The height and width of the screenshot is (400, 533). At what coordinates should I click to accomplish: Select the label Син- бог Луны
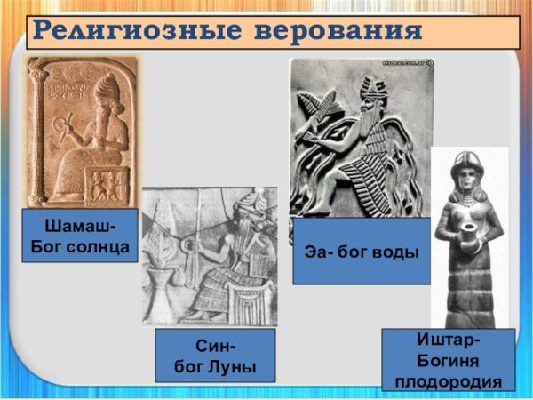pyautogui.click(x=212, y=355)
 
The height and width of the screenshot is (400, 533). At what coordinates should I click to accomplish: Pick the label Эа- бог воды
pyautogui.click(x=362, y=251)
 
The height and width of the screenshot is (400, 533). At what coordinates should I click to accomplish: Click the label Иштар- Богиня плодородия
pyautogui.click(x=448, y=360)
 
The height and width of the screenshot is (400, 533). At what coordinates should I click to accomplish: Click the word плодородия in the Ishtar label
pyautogui.click(x=448, y=382)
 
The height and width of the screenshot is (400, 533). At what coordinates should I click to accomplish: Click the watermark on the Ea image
pyautogui.click(x=405, y=65)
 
